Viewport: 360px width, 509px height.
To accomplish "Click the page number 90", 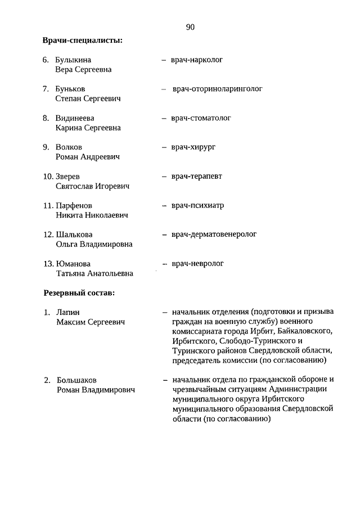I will [190, 26].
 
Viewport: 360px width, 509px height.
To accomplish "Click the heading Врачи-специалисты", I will [82, 40].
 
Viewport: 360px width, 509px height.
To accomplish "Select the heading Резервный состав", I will [79, 292].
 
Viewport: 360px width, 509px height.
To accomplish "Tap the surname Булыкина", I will [73, 60].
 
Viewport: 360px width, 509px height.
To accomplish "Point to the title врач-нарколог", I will [197, 59].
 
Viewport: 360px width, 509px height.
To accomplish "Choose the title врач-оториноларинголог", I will [218, 88].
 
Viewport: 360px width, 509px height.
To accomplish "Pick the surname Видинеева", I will [75, 118].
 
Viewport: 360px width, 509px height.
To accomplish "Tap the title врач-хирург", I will [193, 147].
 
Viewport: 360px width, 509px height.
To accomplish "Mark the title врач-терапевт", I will [196, 176].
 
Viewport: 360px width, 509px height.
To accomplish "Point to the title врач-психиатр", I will [197, 205].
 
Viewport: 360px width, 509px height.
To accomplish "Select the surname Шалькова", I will [74, 235].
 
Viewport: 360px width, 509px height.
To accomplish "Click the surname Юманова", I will [73, 264].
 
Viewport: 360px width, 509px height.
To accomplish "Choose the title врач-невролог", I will [197, 263].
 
